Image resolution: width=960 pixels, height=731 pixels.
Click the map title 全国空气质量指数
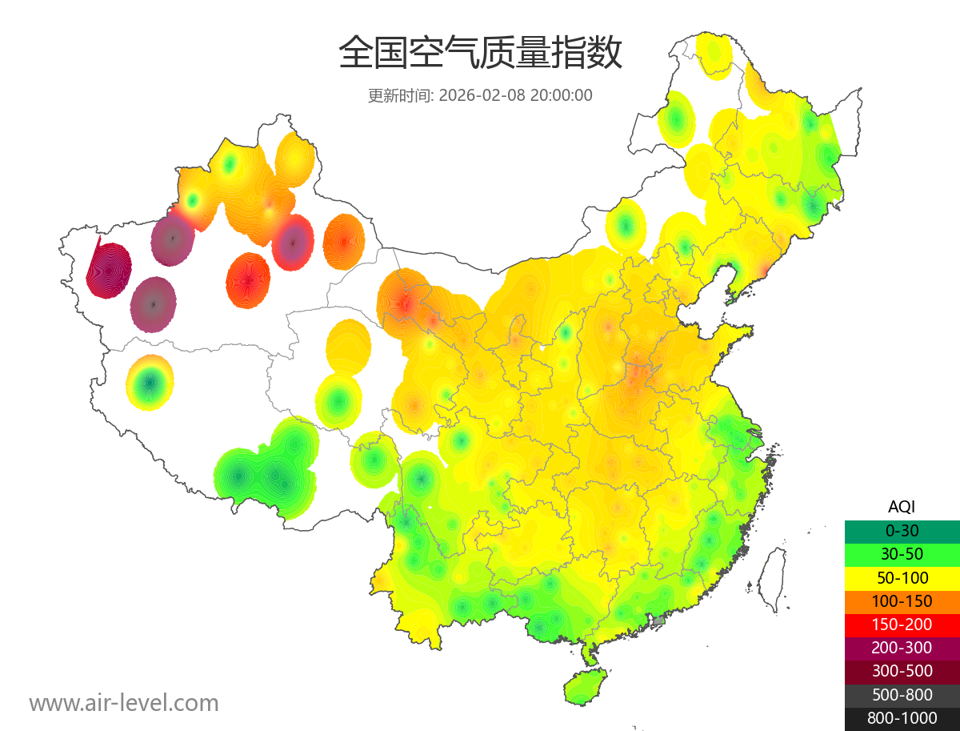tap(480, 54)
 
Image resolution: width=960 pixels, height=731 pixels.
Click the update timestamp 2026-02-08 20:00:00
tap(515, 95)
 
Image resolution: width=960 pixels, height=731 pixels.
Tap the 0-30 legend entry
tap(902, 530)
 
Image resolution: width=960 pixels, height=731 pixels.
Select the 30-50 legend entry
tap(902, 553)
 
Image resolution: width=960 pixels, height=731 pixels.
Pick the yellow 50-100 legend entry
tap(902, 577)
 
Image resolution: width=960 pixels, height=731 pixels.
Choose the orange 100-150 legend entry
tap(902, 600)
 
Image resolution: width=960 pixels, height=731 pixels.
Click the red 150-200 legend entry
tap(902, 625)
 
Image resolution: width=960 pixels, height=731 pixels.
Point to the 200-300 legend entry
tap(902, 648)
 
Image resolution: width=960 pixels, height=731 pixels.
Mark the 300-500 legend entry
tap(902, 671)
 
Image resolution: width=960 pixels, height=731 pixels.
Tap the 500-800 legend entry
tap(902, 695)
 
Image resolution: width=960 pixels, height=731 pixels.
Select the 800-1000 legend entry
tap(902, 718)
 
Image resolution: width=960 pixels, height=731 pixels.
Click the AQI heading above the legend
tap(902, 506)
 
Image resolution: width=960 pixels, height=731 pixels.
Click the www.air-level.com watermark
tap(124, 703)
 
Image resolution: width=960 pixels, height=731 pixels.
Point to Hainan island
tap(586, 687)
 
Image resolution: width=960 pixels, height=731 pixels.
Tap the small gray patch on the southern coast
tap(659, 621)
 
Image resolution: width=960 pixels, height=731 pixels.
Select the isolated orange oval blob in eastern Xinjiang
tap(344, 240)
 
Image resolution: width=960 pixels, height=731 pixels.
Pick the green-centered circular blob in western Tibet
tap(150, 383)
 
